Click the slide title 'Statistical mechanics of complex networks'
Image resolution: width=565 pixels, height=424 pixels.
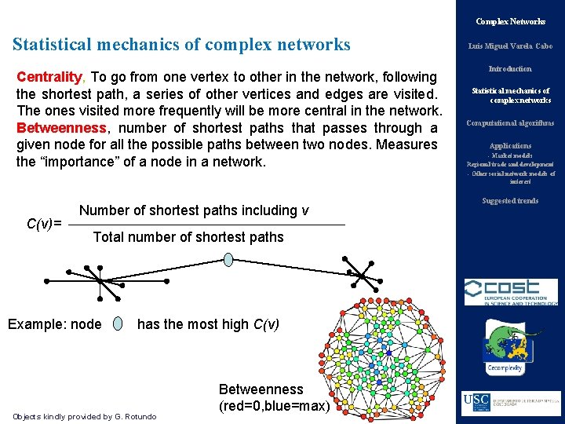click(x=181, y=45)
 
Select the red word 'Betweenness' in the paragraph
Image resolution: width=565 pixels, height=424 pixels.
click(x=61, y=128)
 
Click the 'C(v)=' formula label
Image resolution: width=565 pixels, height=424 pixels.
click(x=44, y=224)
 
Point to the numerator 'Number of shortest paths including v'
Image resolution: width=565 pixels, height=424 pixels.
click(x=194, y=210)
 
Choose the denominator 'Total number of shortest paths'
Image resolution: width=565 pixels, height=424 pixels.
click(x=188, y=237)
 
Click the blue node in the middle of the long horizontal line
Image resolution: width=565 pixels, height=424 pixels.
click(x=228, y=259)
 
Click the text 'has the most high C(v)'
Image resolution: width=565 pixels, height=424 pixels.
click(x=208, y=323)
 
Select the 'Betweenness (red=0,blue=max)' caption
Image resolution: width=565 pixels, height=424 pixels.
click(x=271, y=397)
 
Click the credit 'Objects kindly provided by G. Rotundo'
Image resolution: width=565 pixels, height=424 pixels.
click(x=85, y=416)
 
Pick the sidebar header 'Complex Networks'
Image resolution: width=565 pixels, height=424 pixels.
click(x=510, y=21)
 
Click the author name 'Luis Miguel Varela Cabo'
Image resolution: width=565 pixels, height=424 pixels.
click(x=510, y=46)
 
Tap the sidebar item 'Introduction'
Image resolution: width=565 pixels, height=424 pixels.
click(x=510, y=69)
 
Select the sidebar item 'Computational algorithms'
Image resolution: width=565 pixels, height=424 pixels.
click(x=510, y=123)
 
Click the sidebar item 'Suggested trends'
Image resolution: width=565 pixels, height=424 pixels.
click(x=510, y=201)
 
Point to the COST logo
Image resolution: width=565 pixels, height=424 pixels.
click(x=510, y=291)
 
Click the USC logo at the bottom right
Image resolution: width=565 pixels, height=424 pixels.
click(x=510, y=402)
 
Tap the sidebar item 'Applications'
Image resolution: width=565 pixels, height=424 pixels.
click(x=510, y=145)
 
